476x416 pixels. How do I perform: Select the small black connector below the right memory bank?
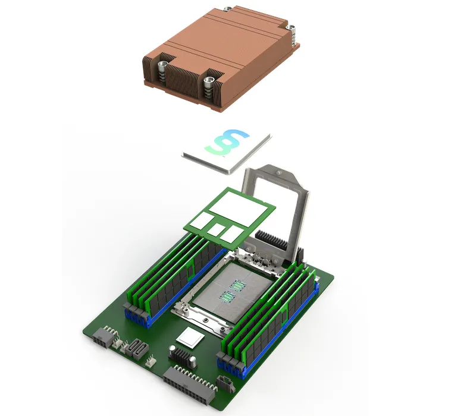226,383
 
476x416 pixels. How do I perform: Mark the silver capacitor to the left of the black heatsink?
173,352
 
